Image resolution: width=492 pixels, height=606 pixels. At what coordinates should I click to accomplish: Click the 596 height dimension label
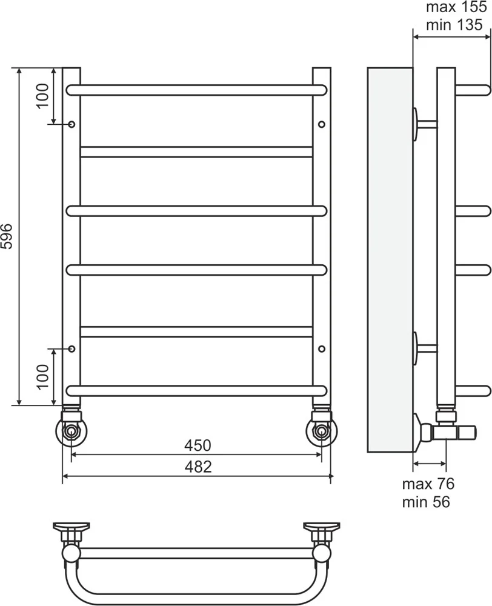tap(8, 236)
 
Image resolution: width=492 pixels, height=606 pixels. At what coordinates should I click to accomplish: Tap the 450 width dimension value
tap(198, 445)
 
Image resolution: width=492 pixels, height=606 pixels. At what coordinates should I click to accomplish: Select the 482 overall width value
tap(198, 467)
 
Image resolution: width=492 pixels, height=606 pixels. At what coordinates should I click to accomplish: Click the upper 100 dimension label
tap(43, 96)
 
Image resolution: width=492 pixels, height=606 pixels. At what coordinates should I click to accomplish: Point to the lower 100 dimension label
tap(43, 376)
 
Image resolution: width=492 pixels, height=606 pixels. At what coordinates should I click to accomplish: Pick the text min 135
tap(454, 25)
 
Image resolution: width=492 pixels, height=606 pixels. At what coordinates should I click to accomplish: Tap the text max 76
tap(428, 484)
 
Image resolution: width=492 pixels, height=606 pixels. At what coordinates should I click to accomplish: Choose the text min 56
tap(426, 502)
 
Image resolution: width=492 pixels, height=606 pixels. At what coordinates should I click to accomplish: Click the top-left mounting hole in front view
tap(71, 124)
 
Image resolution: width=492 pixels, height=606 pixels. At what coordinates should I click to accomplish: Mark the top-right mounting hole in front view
tap(322, 124)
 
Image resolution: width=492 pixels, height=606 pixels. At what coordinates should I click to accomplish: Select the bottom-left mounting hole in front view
tap(71, 348)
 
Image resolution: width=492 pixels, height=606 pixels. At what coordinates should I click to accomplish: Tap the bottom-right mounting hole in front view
tap(322, 348)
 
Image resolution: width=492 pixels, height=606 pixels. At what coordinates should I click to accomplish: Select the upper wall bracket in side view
tap(425, 124)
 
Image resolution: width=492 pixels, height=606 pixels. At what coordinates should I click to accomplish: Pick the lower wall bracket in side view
tap(425, 348)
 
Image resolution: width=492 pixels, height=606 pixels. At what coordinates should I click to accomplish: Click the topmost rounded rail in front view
tap(196, 90)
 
